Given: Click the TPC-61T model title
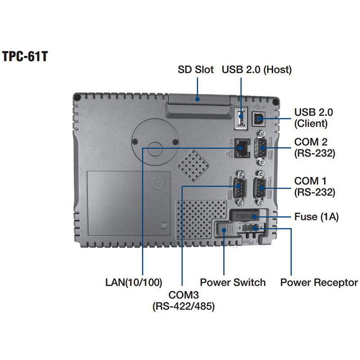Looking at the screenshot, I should (x=26, y=58).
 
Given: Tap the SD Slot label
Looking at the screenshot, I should (x=196, y=70).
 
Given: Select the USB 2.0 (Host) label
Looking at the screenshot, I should (x=256, y=70).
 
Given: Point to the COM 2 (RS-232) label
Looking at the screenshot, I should (x=315, y=148).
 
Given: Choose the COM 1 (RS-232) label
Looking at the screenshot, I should (x=315, y=187).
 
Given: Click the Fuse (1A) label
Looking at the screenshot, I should (x=316, y=217).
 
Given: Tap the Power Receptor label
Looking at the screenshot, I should (x=319, y=283).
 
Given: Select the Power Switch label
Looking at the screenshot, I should (x=233, y=283).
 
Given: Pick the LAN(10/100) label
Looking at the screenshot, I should (x=133, y=283).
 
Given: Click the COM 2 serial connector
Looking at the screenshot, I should (x=261, y=146).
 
